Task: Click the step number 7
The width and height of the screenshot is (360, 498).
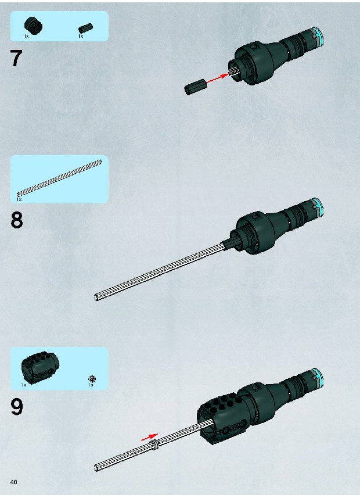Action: (16, 58)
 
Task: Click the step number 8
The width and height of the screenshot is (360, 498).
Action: (17, 220)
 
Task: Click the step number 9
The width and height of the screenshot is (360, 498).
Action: (17, 407)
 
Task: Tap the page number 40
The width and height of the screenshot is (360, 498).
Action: (14, 482)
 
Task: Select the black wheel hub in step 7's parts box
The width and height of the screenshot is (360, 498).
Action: (33, 26)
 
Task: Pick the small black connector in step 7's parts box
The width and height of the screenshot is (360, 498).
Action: (85, 28)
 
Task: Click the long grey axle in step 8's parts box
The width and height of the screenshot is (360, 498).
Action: (59, 178)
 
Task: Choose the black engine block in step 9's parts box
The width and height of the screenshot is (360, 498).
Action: (40, 367)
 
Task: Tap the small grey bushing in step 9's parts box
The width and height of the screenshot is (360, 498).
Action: (92, 378)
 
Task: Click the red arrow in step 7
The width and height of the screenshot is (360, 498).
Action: (218, 78)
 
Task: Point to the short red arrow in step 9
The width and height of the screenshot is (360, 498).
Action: (149, 437)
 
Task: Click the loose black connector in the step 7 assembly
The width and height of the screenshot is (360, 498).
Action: (195, 87)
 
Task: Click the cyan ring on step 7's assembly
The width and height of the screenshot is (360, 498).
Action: (318, 37)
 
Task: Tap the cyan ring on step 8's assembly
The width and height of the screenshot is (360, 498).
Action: (318, 207)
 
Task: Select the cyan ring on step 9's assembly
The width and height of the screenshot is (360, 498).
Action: (318, 378)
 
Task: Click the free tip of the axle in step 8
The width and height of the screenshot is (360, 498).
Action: (96, 298)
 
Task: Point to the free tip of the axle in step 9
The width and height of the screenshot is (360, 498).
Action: (96, 468)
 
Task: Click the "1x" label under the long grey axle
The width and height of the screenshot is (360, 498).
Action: (19, 199)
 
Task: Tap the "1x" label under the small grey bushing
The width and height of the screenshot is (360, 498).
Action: (91, 385)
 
